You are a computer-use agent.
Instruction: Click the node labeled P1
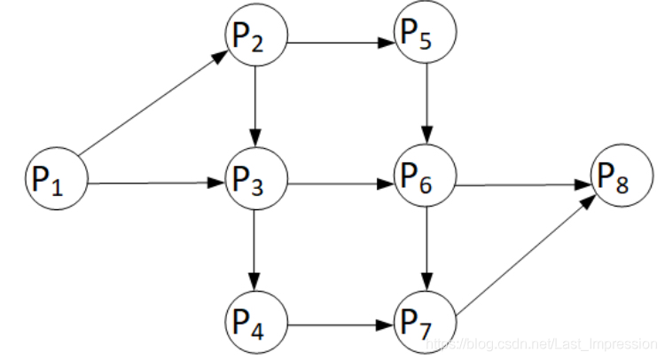click(x=55, y=184)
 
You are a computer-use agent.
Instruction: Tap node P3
click(x=255, y=184)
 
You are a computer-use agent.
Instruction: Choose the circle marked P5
click(x=426, y=38)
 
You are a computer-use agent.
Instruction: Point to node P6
click(x=426, y=184)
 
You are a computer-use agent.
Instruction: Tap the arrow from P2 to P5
click(x=340, y=40)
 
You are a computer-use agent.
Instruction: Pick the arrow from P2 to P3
click(x=255, y=111)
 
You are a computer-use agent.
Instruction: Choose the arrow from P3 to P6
click(x=340, y=185)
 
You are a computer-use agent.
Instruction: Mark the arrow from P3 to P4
click(x=255, y=253)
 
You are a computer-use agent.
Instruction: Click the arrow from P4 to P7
click(x=340, y=324)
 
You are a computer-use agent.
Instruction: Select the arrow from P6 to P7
click(x=426, y=253)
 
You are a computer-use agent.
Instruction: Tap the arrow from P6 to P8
click(x=525, y=185)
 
